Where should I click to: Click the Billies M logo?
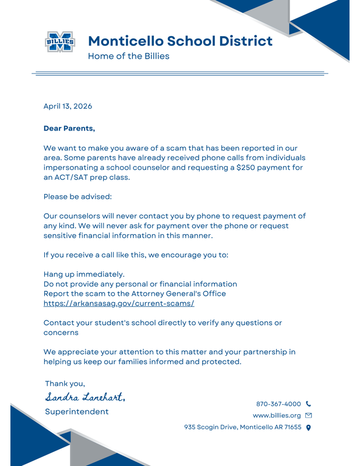tap(60, 42)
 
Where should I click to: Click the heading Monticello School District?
tap(180, 41)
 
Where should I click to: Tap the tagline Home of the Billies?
tap(128, 56)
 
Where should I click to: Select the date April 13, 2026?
tap(68, 106)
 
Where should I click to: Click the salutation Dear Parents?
tap(69, 128)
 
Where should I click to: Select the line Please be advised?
tap(77, 197)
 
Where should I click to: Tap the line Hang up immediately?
tap(84, 274)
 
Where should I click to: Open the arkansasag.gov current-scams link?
tap(119, 303)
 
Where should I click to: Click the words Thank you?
tap(65, 383)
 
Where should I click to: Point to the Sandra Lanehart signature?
tap(85, 397)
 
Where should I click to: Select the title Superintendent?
tap(76, 411)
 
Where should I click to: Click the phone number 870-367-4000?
tap(278, 404)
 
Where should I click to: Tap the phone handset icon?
tap(308, 404)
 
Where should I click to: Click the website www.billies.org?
tap(277, 415)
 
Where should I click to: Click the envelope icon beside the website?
tap(308, 415)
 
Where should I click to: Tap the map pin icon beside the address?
tap(308, 428)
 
